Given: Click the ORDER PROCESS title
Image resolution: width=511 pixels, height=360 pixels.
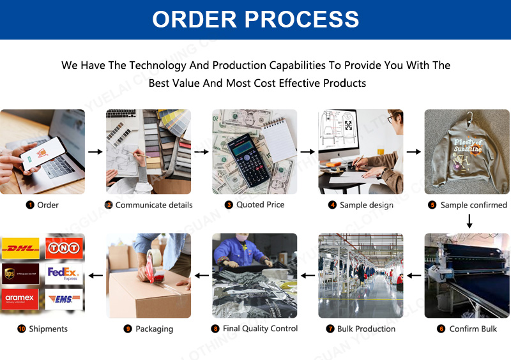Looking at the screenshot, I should pyautogui.click(x=256, y=19).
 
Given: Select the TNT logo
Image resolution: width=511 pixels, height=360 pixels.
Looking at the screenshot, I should pyautogui.click(x=64, y=248).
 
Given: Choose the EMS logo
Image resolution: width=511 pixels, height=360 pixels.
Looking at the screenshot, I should pyautogui.click(x=64, y=299).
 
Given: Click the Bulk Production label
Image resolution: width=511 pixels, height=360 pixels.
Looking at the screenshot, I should pyautogui.click(x=366, y=329).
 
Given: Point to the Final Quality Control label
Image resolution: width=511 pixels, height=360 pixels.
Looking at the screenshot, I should pyautogui.click(x=260, y=329).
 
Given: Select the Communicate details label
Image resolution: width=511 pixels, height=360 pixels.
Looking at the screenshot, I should pyautogui.click(x=154, y=205).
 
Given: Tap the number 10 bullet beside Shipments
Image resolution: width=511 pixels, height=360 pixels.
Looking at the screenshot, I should pyautogui.click(x=22, y=329).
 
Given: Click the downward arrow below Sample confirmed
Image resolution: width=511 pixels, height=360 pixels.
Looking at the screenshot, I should pyautogui.click(x=469, y=221).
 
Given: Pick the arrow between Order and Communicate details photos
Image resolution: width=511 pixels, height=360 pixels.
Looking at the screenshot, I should pyautogui.click(x=95, y=152).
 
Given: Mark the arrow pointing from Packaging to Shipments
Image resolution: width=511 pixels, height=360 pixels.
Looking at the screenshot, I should pyautogui.click(x=95, y=276).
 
